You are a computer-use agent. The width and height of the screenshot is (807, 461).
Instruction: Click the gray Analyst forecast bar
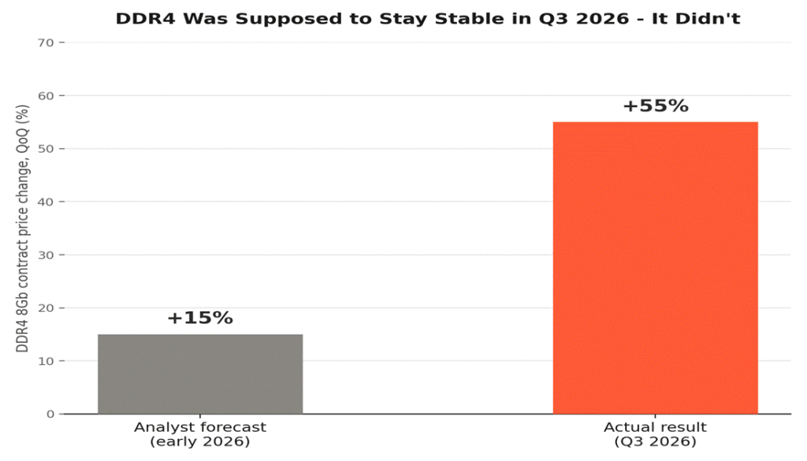[x=200, y=374]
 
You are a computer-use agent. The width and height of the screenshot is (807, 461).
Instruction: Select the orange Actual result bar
[x=655, y=268]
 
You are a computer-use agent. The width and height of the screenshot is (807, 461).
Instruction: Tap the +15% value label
[x=200, y=318]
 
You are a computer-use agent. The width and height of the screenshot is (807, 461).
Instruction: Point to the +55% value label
[x=655, y=106]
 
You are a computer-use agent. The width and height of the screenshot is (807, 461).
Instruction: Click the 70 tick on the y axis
[x=46, y=43]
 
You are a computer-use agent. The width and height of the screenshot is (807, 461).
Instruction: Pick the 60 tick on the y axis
[x=46, y=95]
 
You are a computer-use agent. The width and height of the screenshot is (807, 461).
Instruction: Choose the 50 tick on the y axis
[x=46, y=149]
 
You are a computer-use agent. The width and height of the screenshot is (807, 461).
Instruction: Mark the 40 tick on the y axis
[x=46, y=202]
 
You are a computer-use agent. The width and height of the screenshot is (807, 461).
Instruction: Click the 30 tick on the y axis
[x=46, y=255]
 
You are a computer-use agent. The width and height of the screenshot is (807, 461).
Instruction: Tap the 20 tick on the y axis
[x=46, y=308]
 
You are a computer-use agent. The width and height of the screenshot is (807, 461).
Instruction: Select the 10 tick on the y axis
[x=46, y=361]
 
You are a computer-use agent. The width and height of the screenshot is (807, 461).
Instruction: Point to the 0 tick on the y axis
[x=50, y=415]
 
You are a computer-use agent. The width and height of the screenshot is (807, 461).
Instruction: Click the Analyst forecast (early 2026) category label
[x=200, y=434]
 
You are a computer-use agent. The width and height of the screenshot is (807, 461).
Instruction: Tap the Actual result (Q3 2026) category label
[x=655, y=434]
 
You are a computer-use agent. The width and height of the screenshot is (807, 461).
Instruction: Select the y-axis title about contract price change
[x=22, y=229]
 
